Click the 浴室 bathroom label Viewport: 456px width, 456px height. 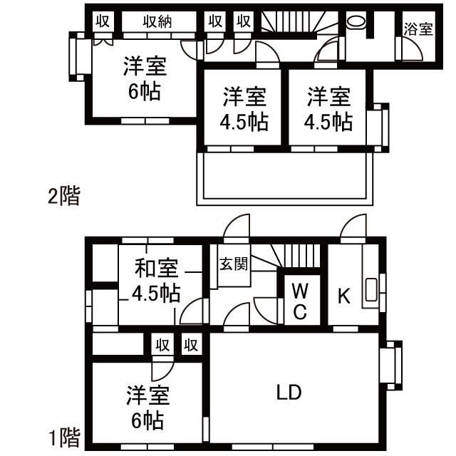tap(418, 29)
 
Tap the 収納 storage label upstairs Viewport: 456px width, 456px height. tap(157, 21)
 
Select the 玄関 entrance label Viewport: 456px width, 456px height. tap(233, 265)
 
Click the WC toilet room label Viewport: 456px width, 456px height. tap(300, 300)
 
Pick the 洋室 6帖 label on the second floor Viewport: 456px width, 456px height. tap(145, 78)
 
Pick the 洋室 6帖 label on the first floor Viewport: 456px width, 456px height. tap(148, 406)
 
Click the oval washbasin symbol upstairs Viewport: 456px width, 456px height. tap(355, 22)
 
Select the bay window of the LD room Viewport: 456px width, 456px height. tap(391, 366)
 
